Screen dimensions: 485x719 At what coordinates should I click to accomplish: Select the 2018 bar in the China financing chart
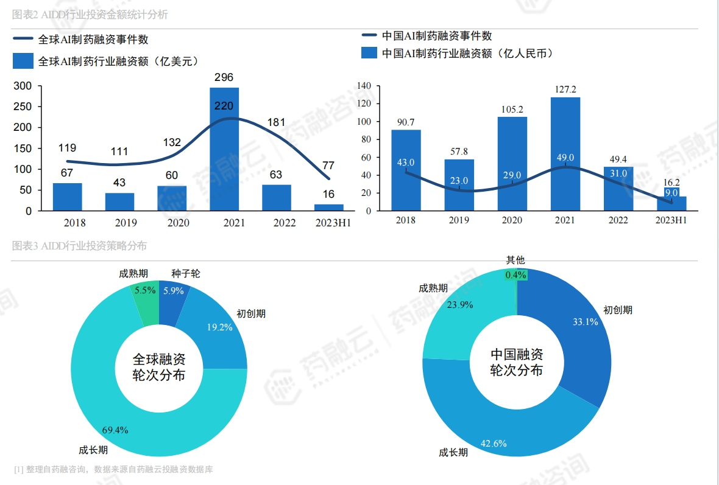[x=406, y=170]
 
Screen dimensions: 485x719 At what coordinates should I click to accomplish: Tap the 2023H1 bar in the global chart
[x=329, y=208]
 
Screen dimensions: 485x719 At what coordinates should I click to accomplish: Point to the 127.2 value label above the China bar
[x=565, y=89]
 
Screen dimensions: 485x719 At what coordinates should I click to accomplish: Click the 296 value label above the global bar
[x=224, y=77]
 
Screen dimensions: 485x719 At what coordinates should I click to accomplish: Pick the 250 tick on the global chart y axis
[x=24, y=106]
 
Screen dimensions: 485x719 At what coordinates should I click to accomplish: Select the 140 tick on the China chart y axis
[x=364, y=86]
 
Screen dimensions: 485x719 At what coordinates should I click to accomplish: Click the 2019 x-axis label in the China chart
[x=459, y=220]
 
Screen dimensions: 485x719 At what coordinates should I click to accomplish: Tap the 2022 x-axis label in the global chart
[x=276, y=223]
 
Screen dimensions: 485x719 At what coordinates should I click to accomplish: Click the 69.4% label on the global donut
[x=115, y=430]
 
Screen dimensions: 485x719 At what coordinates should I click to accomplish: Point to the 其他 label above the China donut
[x=515, y=260]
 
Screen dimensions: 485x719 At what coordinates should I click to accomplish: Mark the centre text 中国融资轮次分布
[x=517, y=362]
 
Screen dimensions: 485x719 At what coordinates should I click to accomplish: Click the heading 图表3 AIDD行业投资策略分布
[x=80, y=246]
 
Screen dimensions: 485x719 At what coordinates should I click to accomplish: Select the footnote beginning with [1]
[x=113, y=469]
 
